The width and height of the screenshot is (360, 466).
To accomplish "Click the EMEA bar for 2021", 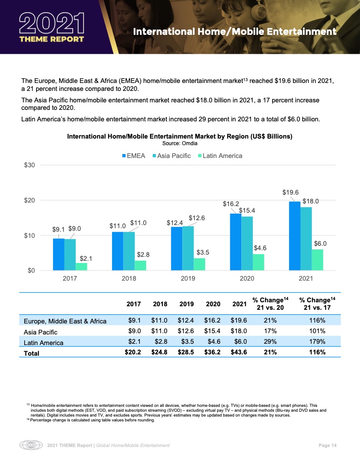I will click(x=294, y=236).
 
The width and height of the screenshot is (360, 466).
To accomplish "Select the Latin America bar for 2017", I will click(x=81, y=266).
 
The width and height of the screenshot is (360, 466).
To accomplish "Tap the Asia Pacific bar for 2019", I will click(x=188, y=248).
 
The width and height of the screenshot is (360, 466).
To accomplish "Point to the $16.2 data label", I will click(x=230, y=204).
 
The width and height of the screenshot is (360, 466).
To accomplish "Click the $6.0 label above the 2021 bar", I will click(x=320, y=243).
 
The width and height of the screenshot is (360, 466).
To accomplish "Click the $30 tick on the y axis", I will click(x=29, y=165).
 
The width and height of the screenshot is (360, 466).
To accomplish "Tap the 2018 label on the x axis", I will click(x=129, y=279).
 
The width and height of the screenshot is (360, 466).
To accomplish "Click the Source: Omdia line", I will click(x=180, y=143).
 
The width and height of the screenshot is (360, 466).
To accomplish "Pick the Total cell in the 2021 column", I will click(x=238, y=352).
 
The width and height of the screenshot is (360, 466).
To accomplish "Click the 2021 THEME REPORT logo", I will click(x=52, y=26).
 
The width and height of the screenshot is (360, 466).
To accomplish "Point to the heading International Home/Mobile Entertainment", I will click(x=235, y=32).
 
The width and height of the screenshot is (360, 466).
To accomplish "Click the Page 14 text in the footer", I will click(x=327, y=446).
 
